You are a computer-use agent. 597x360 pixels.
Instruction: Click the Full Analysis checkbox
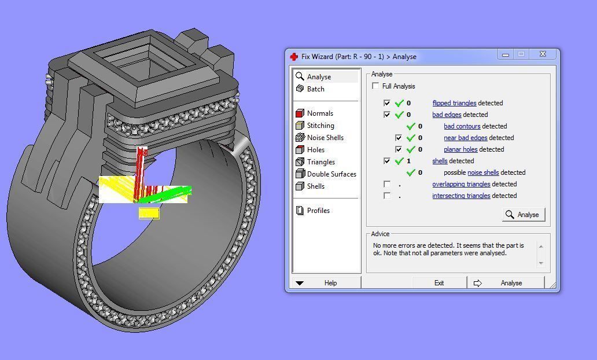376,86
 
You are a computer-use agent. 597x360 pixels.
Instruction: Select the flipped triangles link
454,103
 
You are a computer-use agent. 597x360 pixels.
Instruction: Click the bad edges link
447,115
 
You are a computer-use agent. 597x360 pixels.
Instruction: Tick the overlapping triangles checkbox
387,184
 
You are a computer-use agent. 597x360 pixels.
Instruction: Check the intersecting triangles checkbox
387,196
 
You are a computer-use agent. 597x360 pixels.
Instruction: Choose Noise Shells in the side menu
325,138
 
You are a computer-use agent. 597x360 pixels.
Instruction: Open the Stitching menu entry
320,126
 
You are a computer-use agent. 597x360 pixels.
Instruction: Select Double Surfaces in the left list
331,174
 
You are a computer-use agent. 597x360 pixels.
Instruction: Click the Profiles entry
318,211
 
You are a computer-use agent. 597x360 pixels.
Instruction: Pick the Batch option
315,89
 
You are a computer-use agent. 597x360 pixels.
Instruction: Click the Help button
327,283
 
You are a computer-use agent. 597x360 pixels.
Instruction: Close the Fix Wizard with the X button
543,54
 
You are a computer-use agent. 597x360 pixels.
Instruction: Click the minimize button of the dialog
506,54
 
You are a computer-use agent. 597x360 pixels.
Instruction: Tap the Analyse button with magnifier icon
523,215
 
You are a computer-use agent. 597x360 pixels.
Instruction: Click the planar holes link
460,149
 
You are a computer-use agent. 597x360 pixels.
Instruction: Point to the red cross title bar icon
294,57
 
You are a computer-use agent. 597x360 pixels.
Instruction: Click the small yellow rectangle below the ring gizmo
149,213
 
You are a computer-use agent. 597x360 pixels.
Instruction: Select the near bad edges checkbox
399,138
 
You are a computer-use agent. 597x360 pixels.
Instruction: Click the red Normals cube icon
300,113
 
